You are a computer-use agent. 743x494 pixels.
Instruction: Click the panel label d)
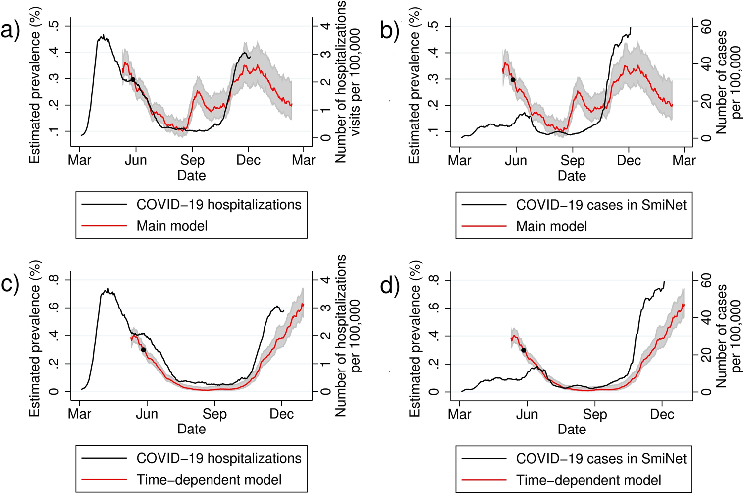point(390,285)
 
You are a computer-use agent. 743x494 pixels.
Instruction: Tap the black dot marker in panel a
point(133,79)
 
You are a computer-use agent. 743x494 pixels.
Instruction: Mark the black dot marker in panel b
point(513,80)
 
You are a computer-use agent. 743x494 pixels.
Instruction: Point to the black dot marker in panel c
point(144,350)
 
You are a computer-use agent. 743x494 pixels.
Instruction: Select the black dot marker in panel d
point(524,350)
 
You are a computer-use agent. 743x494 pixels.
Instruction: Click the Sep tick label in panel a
point(192,160)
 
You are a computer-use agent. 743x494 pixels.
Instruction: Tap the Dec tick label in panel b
point(629,161)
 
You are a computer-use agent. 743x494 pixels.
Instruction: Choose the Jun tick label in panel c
point(147,414)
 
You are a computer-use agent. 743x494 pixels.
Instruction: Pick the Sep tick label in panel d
point(594,414)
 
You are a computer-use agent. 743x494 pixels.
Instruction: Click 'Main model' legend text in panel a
point(172,226)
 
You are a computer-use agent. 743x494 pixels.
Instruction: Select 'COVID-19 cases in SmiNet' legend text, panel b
point(601,205)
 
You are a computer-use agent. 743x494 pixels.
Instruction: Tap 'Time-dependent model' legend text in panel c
point(209,480)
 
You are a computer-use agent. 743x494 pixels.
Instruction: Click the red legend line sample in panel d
point(484,480)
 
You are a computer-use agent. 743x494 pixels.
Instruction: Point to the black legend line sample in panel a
point(104,204)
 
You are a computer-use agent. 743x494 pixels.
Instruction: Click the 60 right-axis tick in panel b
point(707,26)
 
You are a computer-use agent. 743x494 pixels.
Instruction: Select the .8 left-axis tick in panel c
point(56,280)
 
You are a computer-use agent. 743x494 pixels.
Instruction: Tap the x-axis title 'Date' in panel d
point(572,429)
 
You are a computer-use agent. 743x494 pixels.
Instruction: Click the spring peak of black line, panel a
point(103,35)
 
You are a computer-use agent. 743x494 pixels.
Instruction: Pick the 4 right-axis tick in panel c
point(326,280)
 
